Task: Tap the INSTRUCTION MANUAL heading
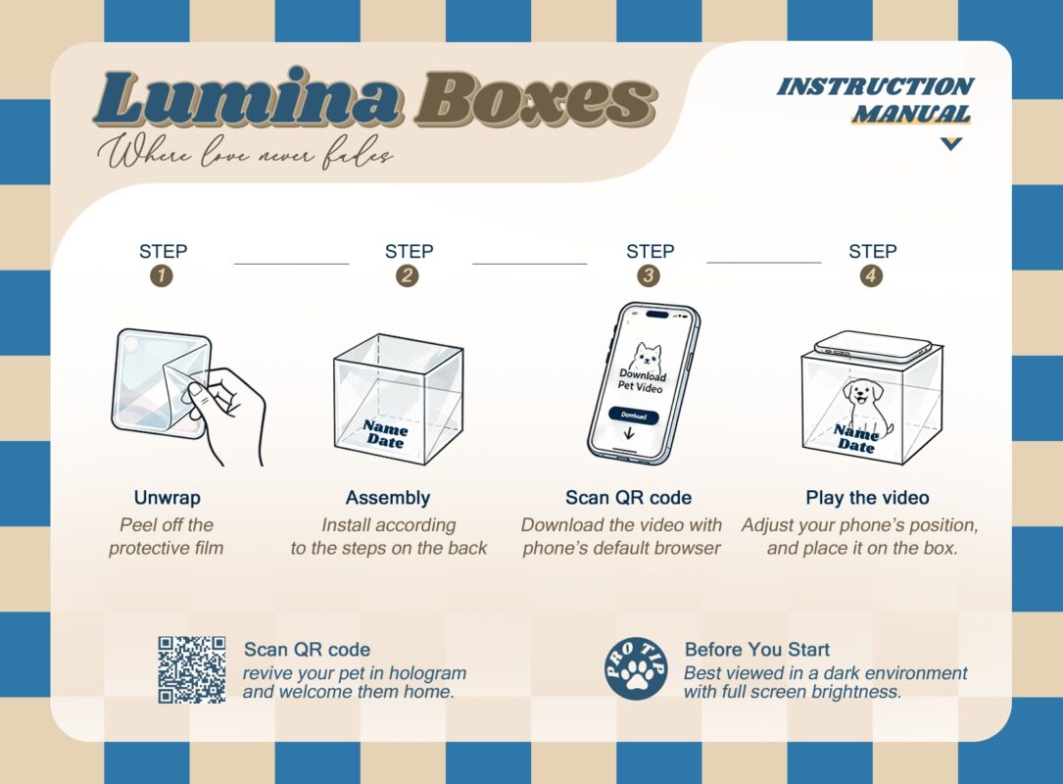pos(875,100)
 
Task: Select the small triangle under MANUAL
pos(951,143)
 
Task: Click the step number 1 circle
pos(162,276)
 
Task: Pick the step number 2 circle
pos(407,276)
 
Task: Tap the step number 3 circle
pos(649,276)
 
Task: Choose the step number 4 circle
pos(871,276)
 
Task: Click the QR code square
pos(192,669)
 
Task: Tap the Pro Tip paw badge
pos(635,669)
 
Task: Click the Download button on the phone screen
pos(634,416)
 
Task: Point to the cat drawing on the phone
pos(647,356)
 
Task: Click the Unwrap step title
pos(167,498)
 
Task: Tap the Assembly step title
pos(388,498)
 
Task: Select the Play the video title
pos(867,498)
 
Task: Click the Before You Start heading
pos(757,649)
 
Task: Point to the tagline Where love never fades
pos(245,153)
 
